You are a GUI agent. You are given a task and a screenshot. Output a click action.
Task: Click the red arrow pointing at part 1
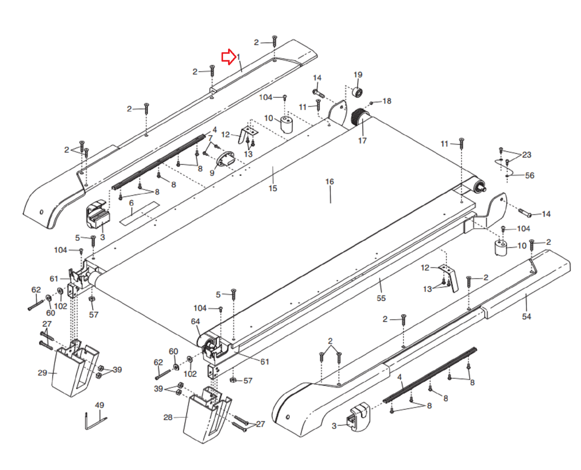[x=228, y=57]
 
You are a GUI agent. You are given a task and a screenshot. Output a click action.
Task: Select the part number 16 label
[x=329, y=181]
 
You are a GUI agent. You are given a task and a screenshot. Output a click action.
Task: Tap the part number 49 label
[x=99, y=405]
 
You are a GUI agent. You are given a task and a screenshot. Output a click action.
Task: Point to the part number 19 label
[x=358, y=75]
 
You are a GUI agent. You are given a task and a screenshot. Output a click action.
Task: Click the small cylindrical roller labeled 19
[x=357, y=92]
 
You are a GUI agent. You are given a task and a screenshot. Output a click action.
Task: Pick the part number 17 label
[x=362, y=140]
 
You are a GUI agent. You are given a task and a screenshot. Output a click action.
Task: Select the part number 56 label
[x=529, y=176]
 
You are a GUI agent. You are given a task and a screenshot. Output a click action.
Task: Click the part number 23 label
[x=527, y=155]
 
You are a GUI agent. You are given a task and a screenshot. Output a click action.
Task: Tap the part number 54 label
[x=526, y=316]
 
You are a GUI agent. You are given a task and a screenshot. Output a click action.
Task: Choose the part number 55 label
[x=381, y=298]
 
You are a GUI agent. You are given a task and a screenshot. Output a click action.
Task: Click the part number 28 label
[x=168, y=417]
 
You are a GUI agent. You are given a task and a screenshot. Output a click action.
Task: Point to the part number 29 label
[x=42, y=373]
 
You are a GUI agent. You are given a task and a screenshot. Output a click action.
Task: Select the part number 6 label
[x=131, y=203]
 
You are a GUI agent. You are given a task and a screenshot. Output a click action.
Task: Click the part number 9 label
[x=212, y=173]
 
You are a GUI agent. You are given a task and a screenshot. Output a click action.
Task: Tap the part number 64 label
[x=195, y=322]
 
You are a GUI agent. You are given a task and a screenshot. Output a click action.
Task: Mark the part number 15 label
[x=273, y=188]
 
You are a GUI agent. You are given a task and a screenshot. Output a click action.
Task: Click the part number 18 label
[x=387, y=101]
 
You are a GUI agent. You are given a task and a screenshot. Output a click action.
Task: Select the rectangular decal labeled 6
[x=140, y=214]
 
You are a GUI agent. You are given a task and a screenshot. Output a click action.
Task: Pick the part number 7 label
[x=210, y=138]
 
